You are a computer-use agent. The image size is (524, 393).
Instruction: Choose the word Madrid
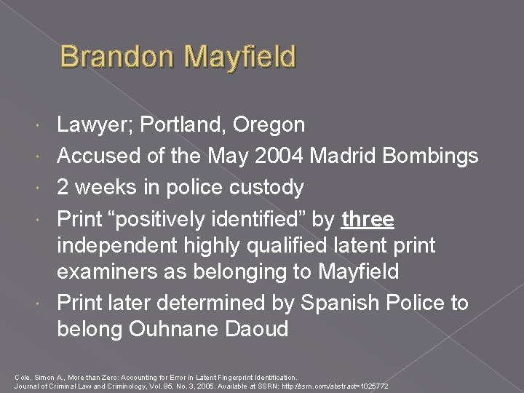[333, 156]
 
